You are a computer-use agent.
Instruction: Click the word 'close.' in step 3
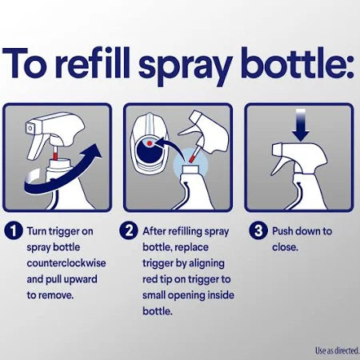click(x=286, y=247)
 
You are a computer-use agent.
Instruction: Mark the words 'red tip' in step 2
click(x=166, y=279)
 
